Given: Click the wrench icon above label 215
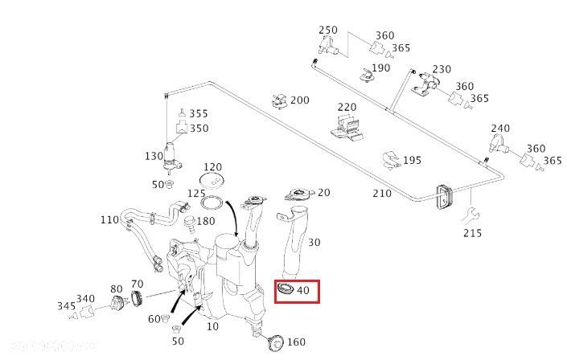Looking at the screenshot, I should pyautogui.click(x=464, y=213).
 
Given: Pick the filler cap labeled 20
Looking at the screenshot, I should pyautogui.click(x=298, y=196).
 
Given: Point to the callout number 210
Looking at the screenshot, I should pyautogui.click(x=381, y=194).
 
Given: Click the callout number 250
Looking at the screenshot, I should pyautogui.click(x=328, y=31).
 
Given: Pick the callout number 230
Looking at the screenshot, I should pyautogui.click(x=442, y=69).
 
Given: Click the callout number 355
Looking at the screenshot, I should pyautogui.click(x=199, y=113).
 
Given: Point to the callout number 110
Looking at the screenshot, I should pyautogui.click(x=109, y=219).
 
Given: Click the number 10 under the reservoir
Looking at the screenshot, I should pyautogui.click(x=213, y=327).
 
